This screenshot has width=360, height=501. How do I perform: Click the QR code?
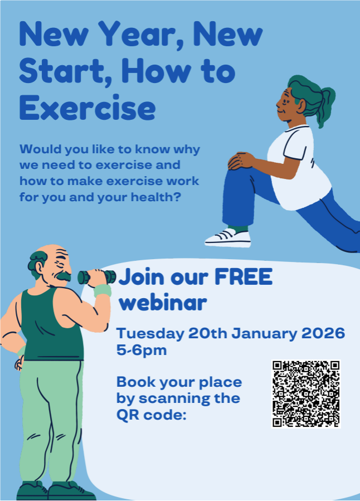(x=306, y=394)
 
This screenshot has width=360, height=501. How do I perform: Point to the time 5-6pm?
(x=141, y=351)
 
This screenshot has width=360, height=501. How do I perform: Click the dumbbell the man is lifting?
(x=96, y=276)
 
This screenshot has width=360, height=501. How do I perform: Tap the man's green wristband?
(x=103, y=290)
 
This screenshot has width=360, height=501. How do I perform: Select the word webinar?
(x=163, y=304)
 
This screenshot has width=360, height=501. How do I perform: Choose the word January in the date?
(x=261, y=334)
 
